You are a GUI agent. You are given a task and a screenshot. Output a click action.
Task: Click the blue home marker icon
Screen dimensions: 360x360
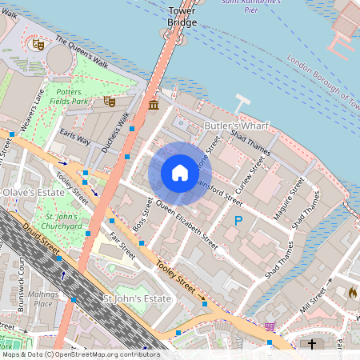coord(180,173)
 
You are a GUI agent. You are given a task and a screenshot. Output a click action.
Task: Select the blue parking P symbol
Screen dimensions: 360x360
coord(238,220)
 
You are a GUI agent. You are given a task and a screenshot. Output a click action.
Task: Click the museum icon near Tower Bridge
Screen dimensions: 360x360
coord(153,105)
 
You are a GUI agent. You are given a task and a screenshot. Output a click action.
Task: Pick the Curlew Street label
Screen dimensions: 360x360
coord(257,171)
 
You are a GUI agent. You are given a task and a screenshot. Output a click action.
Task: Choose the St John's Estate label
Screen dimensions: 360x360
coord(138,298)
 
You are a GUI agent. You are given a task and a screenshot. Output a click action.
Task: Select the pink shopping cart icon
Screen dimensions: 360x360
coord(270,326)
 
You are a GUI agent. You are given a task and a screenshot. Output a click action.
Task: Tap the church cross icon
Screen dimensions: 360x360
coord(312,345)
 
